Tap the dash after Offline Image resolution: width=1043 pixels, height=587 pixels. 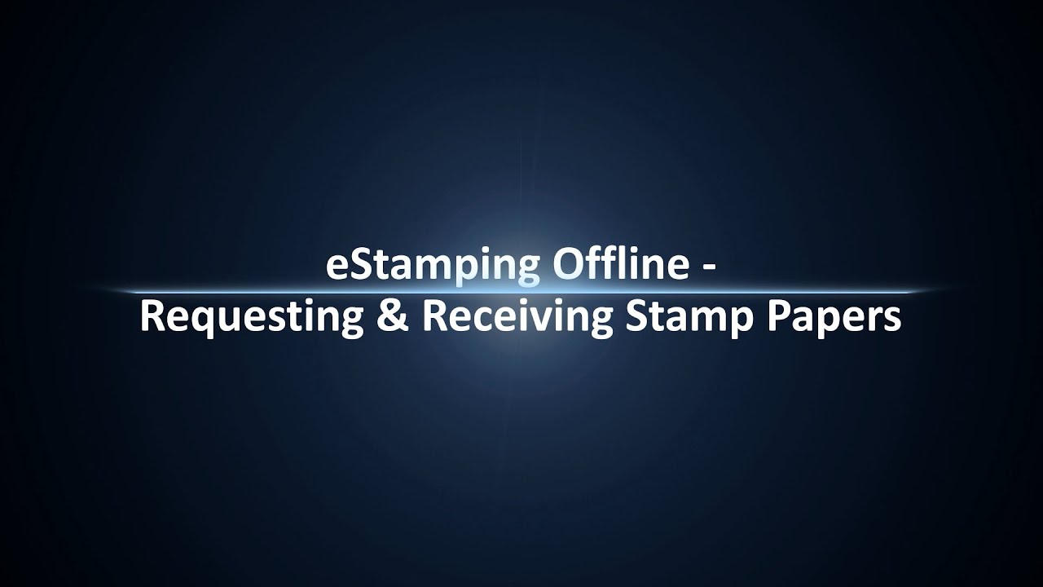[x=709, y=268]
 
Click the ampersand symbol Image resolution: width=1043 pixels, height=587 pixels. [x=392, y=317]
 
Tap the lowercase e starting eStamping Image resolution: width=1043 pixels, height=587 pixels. [x=336, y=268]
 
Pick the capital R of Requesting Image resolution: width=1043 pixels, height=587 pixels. [x=151, y=316]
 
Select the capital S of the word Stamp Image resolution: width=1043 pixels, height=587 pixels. [x=636, y=316]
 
